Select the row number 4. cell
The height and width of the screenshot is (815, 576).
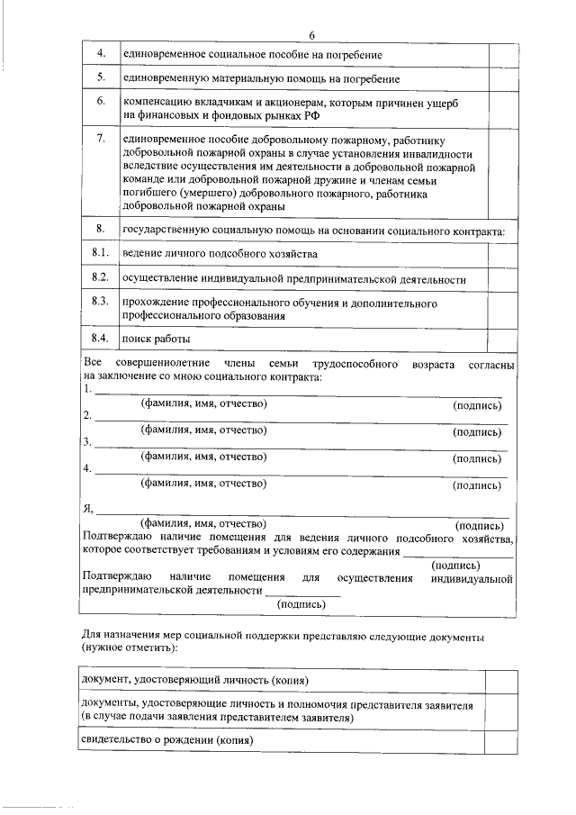pos(102,54)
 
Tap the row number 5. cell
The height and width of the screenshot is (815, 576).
pos(102,78)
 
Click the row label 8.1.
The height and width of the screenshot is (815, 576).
pos(101,254)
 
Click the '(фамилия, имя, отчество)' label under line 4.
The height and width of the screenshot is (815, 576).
pos(202,484)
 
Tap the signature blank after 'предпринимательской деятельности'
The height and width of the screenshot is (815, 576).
pos(302,594)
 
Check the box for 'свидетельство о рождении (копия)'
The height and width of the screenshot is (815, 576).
pos(498,741)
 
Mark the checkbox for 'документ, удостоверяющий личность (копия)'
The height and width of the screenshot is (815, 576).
pos(498,681)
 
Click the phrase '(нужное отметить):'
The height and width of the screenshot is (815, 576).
pos(130,647)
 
